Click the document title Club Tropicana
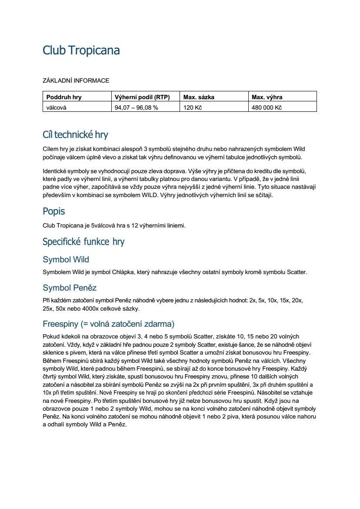(x=81, y=51)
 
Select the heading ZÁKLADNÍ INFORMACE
(x=76, y=80)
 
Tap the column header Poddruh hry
(x=64, y=97)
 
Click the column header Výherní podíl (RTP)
(x=142, y=97)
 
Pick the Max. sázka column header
(x=198, y=97)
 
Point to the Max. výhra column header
(x=267, y=97)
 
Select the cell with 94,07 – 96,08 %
(x=136, y=107)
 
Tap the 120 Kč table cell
(x=193, y=107)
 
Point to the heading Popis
(x=53, y=211)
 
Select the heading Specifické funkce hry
(x=83, y=241)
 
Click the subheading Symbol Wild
(x=66, y=260)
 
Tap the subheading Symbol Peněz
(x=70, y=288)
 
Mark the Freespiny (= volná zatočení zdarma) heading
(x=108, y=324)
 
